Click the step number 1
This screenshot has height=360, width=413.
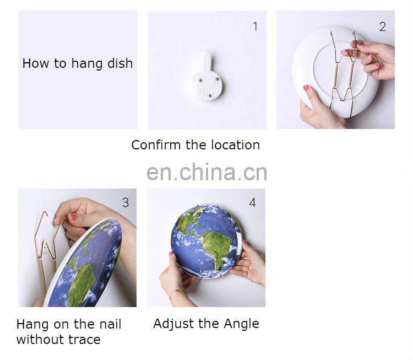click(x=255, y=26)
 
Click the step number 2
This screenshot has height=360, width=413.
click(x=383, y=26)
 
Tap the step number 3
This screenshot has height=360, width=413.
click(x=126, y=202)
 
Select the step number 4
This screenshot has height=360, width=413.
click(x=253, y=202)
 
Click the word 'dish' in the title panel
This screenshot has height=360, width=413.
click(x=120, y=63)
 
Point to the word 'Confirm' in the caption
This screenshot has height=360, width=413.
click(x=156, y=145)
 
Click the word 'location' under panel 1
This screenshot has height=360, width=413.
click(x=236, y=145)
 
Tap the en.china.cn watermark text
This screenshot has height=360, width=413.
click(x=206, y=172)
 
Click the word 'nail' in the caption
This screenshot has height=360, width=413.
click(x=110, y=324)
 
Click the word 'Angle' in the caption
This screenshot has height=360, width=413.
click(x=241, y=324)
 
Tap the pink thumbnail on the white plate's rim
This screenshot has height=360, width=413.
click(x=306, y=88)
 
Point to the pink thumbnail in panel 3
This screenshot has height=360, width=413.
click(x=73, y=217)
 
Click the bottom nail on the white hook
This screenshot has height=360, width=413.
click(x=210, y=95)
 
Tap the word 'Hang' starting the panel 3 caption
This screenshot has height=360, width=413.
click(x=32, y=324)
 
